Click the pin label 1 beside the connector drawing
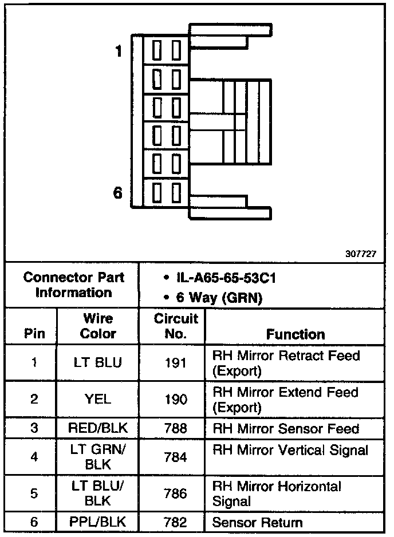click(119, 52)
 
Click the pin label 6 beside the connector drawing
click(118, 193)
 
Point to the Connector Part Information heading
click(74, 285)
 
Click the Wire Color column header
click(98, 326)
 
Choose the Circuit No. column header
click(176, 326)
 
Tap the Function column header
click(295, 334)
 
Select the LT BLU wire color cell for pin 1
click(98, 364)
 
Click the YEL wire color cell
click(98, 400)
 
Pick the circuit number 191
click(176, 364)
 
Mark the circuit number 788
click(176, 428)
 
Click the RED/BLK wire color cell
click(98, 428)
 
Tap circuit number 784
click(176, 456)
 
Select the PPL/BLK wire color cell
click(98, 522)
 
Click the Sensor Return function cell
click(257, 522)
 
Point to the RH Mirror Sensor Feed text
click(286, 428)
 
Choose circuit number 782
click(176, 522)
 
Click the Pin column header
click(33, 334)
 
